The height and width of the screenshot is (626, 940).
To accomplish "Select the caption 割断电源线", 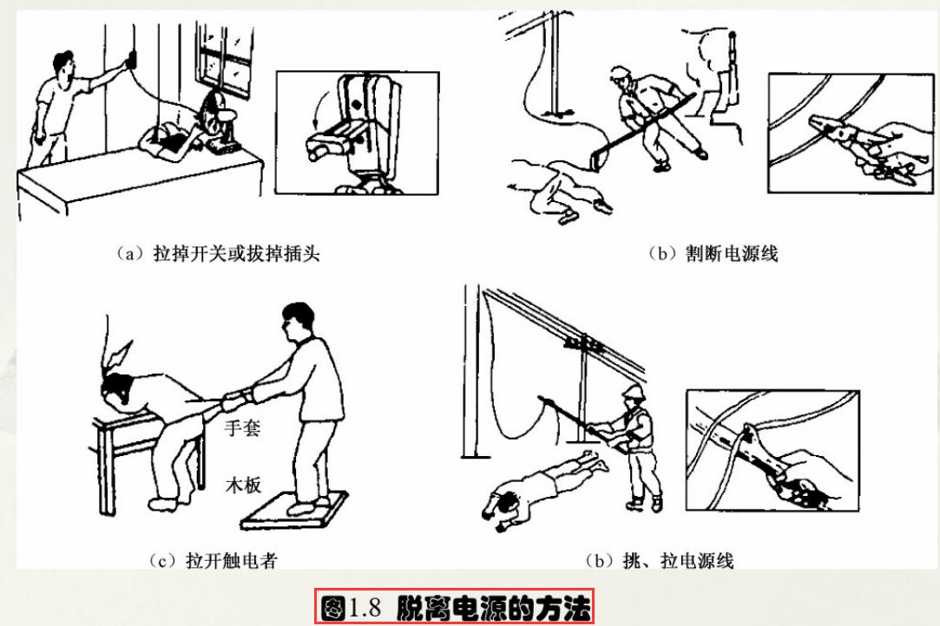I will (x=713, y=253).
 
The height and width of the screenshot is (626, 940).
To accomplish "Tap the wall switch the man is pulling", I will (x=131, y=59).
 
